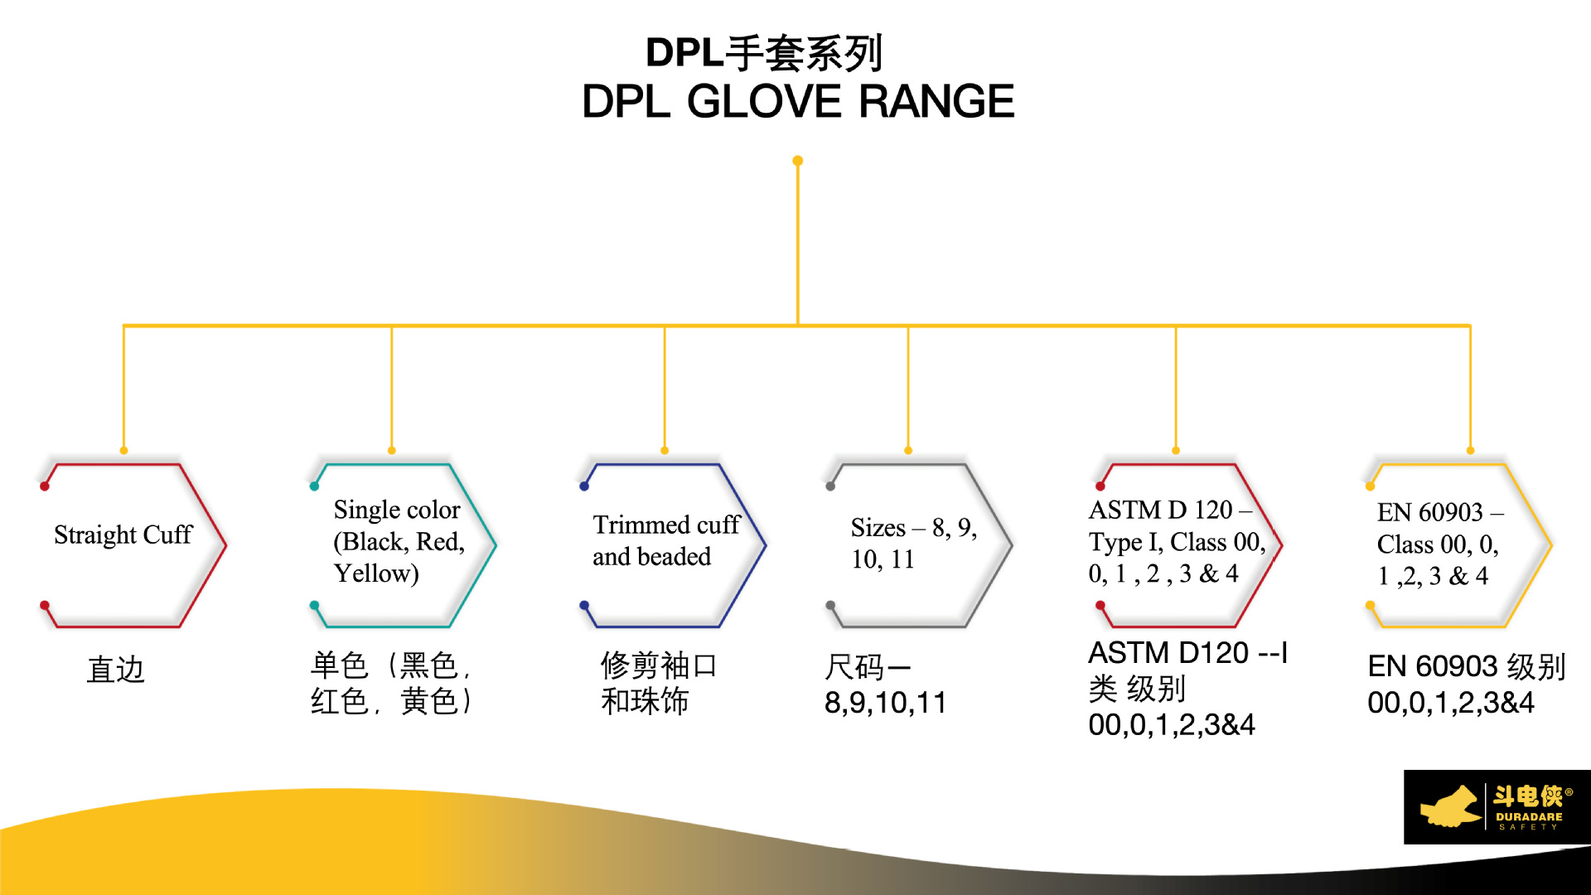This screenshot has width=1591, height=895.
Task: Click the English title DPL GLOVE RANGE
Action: point(797,102)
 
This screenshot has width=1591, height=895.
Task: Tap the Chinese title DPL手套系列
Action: point(764,53)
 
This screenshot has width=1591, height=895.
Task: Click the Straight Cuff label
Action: point(123,535)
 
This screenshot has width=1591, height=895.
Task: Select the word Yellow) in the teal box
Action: point(376,573)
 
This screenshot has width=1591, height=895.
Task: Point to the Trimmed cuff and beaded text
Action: point(665,540)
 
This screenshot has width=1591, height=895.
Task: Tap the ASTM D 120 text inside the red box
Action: point(1160,510)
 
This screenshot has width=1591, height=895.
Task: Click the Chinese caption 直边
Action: point(116,670)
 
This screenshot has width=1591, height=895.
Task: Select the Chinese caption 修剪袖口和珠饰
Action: point(659,683)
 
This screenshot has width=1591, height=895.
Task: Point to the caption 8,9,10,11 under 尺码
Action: point(885,703)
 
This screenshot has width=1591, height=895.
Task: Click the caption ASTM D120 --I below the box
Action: point(1187,653)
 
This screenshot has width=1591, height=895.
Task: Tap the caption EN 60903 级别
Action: point(1466,666)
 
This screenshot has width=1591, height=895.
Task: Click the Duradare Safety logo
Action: point(1497,807)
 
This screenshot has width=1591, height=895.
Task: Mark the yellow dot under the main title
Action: point(797,161)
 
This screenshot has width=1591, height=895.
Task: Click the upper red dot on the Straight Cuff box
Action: point(45,486)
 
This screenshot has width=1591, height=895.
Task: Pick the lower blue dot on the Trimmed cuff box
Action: point(584,605)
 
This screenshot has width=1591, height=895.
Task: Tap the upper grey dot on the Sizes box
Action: point(830,486)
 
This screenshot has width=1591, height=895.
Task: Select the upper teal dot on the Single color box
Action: point(314,486)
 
